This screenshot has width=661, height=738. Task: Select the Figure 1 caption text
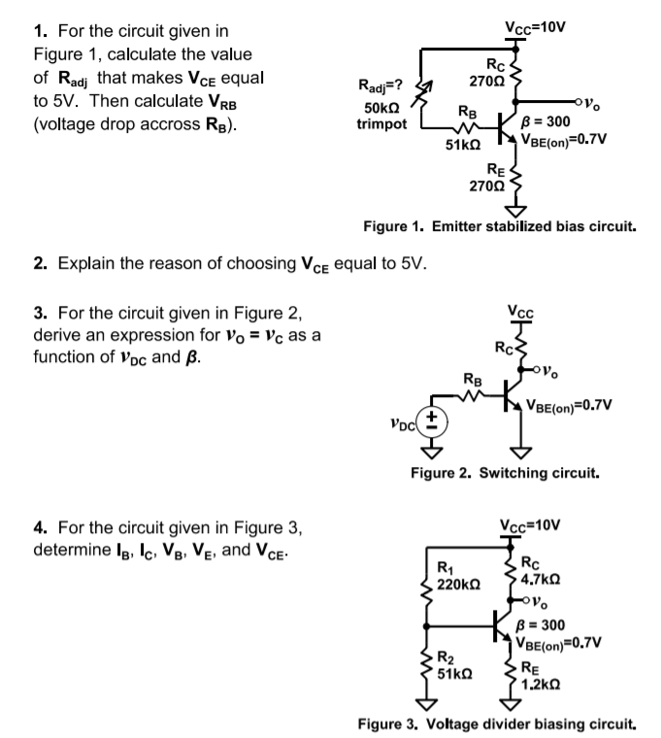(499, 225)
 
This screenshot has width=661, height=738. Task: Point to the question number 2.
(38, 263)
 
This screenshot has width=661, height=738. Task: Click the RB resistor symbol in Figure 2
(470, 394)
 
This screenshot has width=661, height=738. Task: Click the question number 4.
(38, 530)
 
